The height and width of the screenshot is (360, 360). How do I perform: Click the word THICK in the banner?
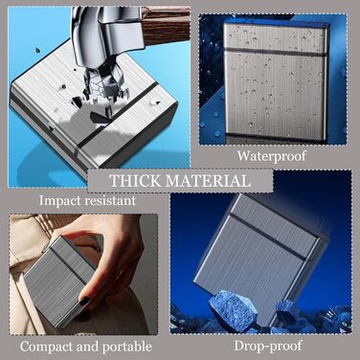pos(134,181)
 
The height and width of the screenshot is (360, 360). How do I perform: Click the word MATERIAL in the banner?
pos(208,181)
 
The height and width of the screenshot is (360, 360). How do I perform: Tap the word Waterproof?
pos(272,156)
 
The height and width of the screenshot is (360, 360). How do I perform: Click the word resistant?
pos(109,200)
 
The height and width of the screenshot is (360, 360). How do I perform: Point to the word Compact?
pos(46,347)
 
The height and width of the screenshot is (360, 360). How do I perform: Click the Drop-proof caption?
pos(268,346)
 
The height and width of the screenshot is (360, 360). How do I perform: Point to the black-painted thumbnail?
pos(85,302)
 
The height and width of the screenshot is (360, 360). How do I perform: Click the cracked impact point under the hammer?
pos(102,93)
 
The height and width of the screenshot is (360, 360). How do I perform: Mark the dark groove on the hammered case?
pos(119,115)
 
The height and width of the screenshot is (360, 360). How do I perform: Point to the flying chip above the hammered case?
pos(37,50)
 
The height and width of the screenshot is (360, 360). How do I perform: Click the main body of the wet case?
pos(275,94)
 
